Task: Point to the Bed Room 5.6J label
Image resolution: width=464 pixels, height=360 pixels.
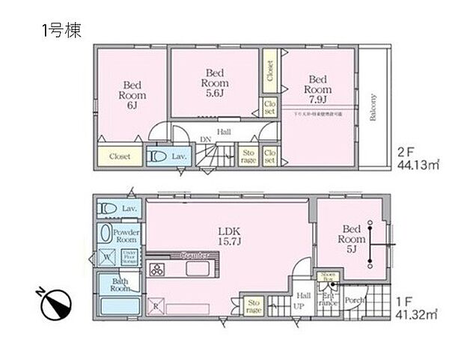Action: tap(213, 82)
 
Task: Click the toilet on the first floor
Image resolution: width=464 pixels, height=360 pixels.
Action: tap(109, 208)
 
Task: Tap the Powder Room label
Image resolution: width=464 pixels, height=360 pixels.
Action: tap(126, 237)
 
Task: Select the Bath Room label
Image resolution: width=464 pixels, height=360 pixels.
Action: tap(121, 284)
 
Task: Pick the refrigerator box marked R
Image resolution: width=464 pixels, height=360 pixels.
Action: tap(156, 307)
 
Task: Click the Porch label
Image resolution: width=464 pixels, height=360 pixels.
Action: tap(355, 302)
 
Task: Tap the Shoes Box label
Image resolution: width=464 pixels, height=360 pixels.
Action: tap(326, 278)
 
